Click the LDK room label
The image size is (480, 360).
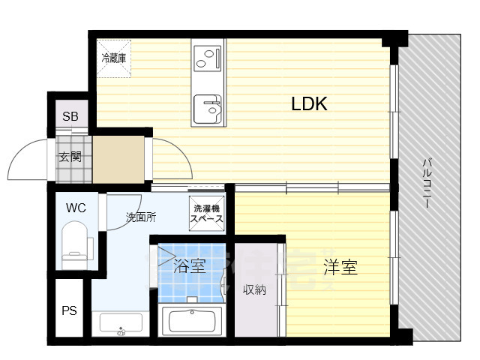point(309,103)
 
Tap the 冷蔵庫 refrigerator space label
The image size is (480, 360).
point(114,58)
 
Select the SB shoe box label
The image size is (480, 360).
point(70,116)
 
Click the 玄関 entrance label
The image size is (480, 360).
point(70,157)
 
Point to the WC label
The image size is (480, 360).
point(76,208)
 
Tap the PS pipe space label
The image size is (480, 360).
point(69,310)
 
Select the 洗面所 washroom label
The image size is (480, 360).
point(141,217)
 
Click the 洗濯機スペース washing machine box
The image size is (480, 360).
point(207,214)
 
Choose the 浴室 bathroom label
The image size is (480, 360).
point(189,265)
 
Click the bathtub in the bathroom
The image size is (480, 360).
point(192,321)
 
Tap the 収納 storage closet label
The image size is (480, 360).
point(254,289)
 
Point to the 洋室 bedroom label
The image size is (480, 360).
point(340,267)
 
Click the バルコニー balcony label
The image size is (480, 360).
point(427,183)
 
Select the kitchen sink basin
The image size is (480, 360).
point(208,109)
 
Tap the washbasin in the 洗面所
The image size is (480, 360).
point(121,323)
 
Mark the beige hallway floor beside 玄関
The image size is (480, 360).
point(118,160)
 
